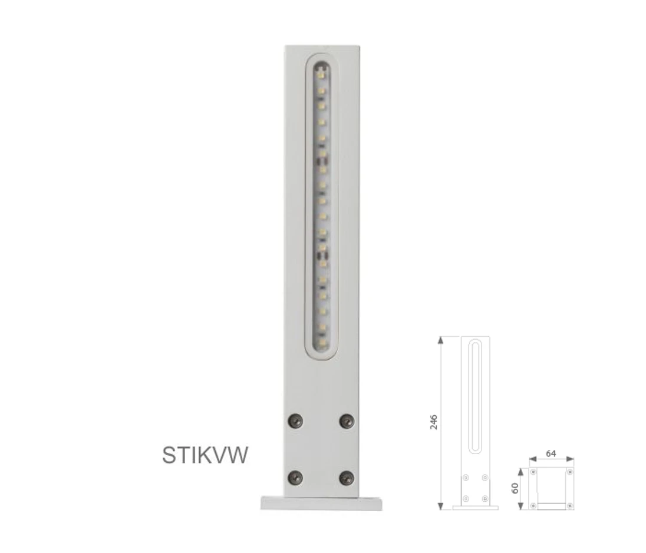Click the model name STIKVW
[x=205, y=455]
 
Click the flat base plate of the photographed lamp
[x=321, y=503]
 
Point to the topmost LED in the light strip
[x=322, y=74]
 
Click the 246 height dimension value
[x=434, y=422]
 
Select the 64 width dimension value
[x=551, y=453]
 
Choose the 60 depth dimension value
[x=515, y=488]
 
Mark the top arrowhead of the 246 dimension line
[x=440, y=340]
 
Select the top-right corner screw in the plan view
[x=569, y=472]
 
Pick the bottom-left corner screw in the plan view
[x=533, y=505]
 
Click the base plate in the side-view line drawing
[x=475, y=508]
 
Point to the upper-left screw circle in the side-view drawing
[x=466, y=477]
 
